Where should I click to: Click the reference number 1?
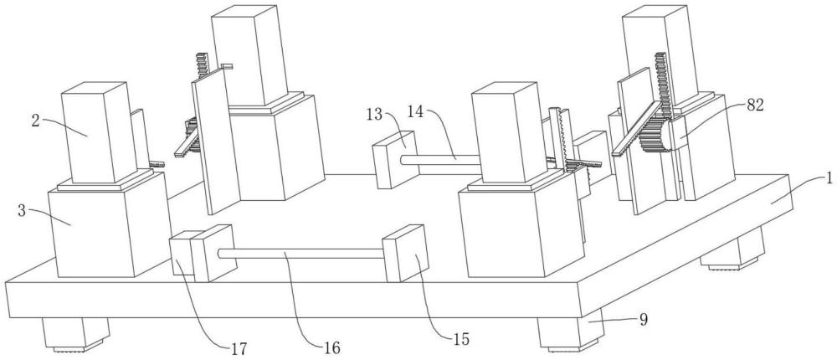click(x=829, y=179)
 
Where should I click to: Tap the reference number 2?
click(x=36, y=121)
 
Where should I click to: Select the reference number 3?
click(x=22, y=210)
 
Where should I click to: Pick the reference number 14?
click(x=417, y=111)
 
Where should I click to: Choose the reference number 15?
click(x=462, y=338)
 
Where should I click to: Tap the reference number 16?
click(x=331, y=347)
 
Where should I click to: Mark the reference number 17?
click(x=239, y=349)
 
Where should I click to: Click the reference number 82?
click(x=755, y=105)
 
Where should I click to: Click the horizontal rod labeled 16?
click(x=300, y=254)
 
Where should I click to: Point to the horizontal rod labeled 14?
click(x=440, y=159)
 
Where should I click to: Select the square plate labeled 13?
click(x=394, y=160)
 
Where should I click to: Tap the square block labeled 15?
click(x=406, y=253)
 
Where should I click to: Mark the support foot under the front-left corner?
click(x=76, y=334)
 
